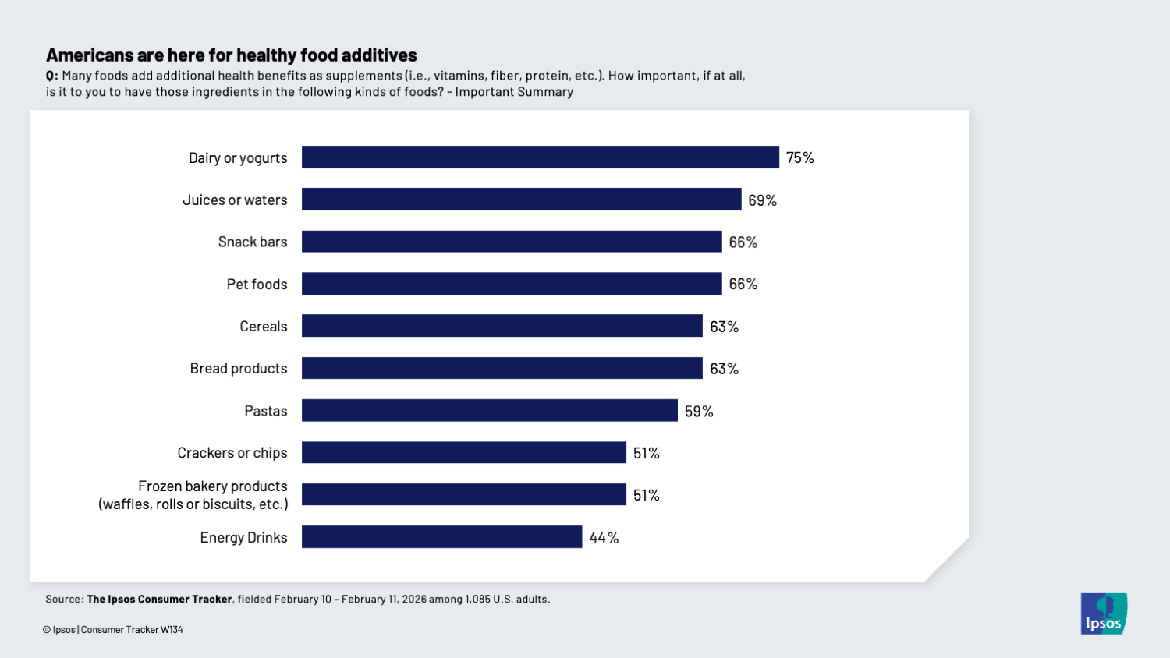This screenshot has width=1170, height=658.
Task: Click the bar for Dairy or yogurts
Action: click(540, 157)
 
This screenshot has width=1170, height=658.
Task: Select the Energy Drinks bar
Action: click(441, 537)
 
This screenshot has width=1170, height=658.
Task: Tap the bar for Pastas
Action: click(489, 410)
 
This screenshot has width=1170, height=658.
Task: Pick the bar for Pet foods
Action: click(512, 284)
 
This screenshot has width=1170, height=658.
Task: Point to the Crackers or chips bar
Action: click(463, 452)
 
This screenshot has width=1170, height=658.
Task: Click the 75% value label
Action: click(799, 157)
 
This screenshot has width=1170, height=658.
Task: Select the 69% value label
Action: click(762, 200)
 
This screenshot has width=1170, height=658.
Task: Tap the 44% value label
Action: click(604, 538)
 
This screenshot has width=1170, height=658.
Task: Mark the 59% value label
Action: click(699, 411)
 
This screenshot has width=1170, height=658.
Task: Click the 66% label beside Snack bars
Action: click(743, 242)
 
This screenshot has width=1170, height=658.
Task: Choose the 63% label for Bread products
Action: click(724, 369)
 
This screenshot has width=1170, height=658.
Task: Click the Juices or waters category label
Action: click(235, 200)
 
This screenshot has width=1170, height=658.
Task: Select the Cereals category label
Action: click(263, 327)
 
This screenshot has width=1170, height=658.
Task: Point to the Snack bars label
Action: click(253, 242)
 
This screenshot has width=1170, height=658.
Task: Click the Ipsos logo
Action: click(1103, 614)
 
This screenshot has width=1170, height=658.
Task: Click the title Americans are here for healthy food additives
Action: click(232, 55)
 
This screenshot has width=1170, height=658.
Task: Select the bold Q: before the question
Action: click(51, 76)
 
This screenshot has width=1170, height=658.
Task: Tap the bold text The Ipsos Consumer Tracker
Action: click(159, 600)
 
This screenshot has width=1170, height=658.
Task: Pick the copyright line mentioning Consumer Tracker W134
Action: click(113, 630)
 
